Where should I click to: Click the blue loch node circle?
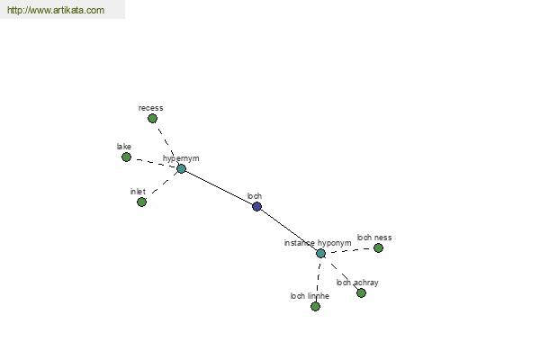point(256,207)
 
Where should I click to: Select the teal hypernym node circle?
point(181,169)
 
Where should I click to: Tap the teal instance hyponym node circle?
point(320,254)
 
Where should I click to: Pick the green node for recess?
point(153,119)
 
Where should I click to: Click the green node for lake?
point(126,157)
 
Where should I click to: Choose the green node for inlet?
point(141,202)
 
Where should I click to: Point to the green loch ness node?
point(378,248)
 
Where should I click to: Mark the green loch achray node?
point(361,293)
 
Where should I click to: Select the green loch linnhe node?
point(316,306)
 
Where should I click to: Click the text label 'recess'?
point(151,108)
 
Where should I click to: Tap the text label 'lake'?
point(124,147)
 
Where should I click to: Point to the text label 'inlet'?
point(138,192)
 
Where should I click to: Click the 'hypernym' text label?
point(181,158)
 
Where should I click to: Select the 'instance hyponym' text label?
point(318,243)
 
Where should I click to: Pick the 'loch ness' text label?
point(374,238)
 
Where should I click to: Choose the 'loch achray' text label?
point(357,283)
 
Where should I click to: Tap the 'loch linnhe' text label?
point(310,296)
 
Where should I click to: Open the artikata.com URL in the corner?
point(56,10)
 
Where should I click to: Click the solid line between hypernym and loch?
point(219,188)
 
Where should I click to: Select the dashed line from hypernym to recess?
point(167,144)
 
